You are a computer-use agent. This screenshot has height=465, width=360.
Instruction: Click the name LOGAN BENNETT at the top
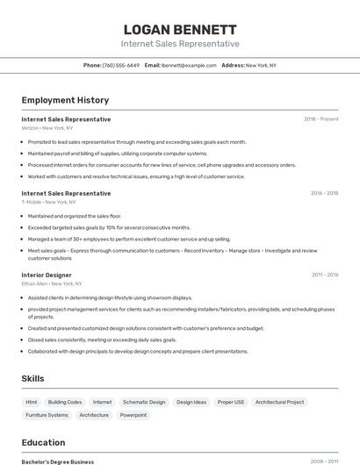[180, 29]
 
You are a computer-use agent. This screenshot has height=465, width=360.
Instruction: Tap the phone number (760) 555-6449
[120, 65]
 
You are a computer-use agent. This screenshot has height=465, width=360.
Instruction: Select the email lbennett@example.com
[189, 65]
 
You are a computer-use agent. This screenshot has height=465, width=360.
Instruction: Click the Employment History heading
[65, 100]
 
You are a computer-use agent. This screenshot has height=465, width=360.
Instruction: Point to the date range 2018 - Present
[320, 119]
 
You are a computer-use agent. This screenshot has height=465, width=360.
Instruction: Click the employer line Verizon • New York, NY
[47, 128]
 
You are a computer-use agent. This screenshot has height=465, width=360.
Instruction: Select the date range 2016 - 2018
[324, 193]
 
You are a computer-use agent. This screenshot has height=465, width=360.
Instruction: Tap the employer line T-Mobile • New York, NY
[49, 202]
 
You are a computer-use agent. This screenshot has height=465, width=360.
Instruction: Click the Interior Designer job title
[47, 275]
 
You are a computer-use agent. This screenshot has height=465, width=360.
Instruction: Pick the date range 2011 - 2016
[324, 275]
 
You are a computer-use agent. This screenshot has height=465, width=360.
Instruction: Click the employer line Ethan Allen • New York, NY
[52, 283]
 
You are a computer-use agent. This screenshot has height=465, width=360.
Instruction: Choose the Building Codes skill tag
[65, 402]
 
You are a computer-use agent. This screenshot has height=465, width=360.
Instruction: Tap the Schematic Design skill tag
[144, 402]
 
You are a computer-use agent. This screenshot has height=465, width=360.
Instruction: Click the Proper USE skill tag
[231, 402]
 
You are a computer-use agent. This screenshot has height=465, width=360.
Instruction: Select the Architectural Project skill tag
[279, 402]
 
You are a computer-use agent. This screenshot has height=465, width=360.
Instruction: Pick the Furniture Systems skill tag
[47, 415]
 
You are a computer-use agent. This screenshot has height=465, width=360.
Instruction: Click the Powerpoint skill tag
[133, 415]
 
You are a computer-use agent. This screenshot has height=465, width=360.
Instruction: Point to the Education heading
[43, 442]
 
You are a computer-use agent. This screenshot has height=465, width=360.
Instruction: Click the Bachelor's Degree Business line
[58, 461]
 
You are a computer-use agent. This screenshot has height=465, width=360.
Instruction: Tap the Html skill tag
[32, 402]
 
